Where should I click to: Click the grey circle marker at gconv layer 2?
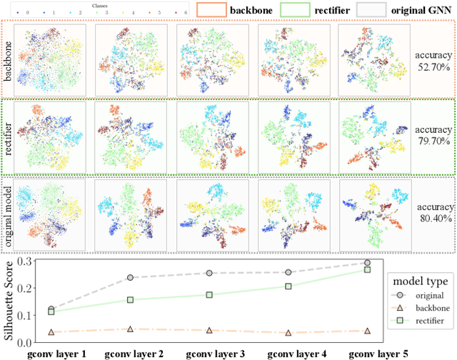130,278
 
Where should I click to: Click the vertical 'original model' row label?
9,212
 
